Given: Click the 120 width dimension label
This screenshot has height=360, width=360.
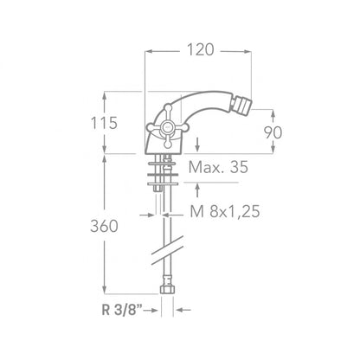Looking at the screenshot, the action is (x=201, y=49).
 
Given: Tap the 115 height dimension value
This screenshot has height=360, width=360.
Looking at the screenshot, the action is (x=104, y=123).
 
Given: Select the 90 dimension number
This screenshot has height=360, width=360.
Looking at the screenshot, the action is (x=273, y=132).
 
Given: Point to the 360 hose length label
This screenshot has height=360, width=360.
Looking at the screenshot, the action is (x=104, y=226).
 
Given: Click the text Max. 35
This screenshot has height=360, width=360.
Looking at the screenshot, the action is (x=218, y=167).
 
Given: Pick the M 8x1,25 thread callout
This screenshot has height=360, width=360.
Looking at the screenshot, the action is (x=225, y=211).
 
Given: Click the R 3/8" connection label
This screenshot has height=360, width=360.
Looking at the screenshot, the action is (x=122, y=310).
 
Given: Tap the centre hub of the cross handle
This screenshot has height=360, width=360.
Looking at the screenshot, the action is (x=167, y=127).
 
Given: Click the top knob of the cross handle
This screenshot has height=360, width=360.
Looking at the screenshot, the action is (x=168, y=108).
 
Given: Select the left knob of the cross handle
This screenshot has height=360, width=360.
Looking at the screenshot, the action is (x=150, y=127).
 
